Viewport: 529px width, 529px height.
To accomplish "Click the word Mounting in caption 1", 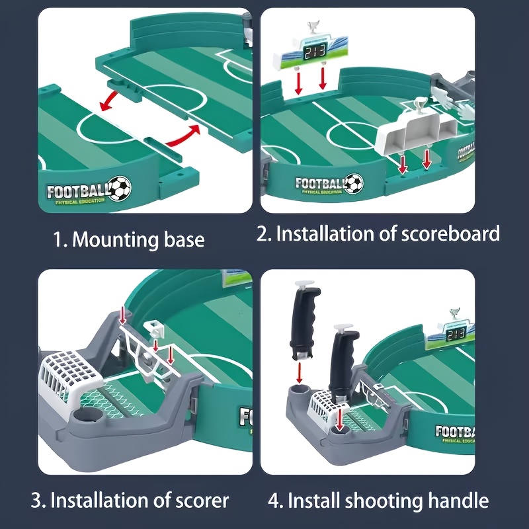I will (x=114, y=239).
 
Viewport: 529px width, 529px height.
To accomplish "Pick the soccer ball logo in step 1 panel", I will (x=120, y=188).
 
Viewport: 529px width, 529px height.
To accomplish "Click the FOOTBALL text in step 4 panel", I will (x=456, y=434).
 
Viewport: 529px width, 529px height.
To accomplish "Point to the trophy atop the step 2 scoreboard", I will (x=313, y=28).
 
